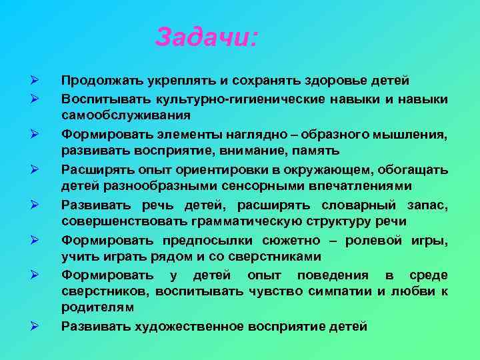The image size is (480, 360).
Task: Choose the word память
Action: coord(322,150)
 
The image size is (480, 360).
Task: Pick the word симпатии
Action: coord(335,291)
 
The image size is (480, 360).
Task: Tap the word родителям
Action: coord(97,307)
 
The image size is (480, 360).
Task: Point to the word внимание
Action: coord(252,150)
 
